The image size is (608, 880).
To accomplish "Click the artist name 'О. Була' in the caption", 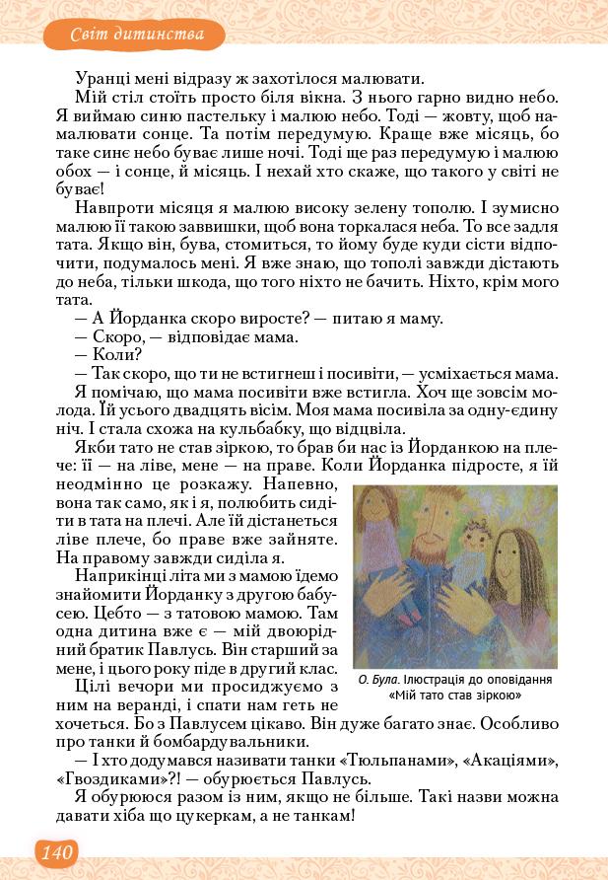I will click(374, 680).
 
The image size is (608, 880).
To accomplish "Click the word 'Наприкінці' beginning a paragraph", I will click(120, 578).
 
